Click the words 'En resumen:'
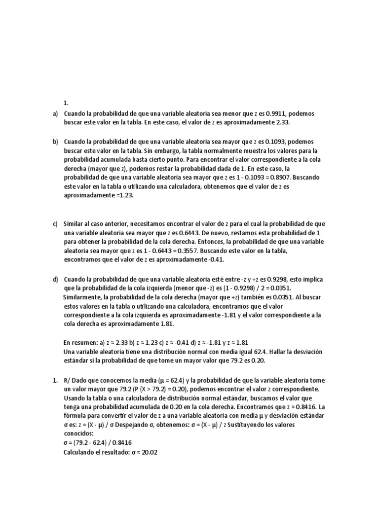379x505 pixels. (x=80, y=342)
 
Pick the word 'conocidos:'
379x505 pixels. (x=78, y=433)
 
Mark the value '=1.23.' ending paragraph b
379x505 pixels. (x=123, y=195)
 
